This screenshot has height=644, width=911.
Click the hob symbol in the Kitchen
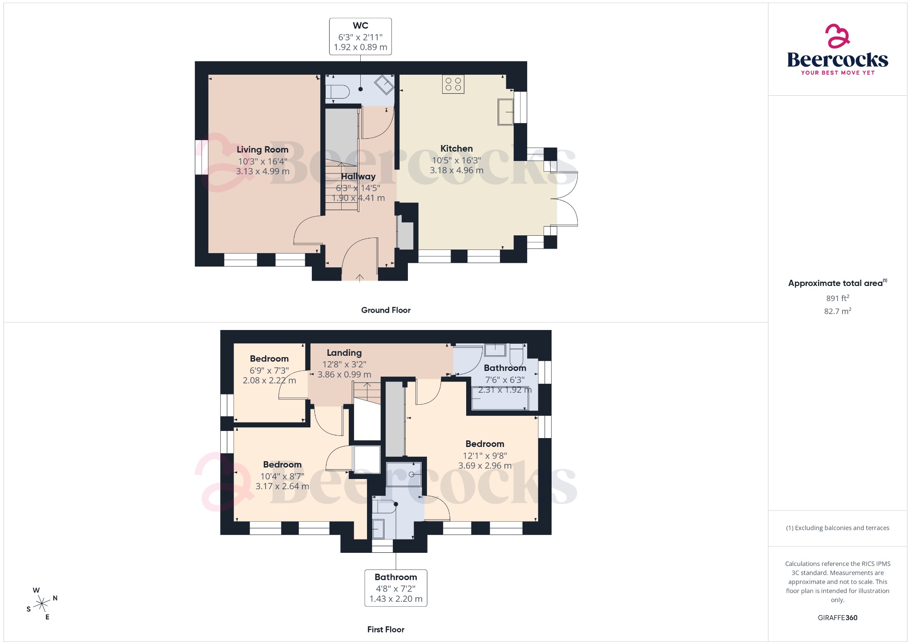tap(453, 84)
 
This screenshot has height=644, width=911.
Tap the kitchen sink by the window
tap(505, 112)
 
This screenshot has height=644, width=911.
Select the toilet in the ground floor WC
tap(337, 92)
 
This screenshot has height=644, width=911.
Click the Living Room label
tap(262, 149)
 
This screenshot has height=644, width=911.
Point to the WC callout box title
tap(360, 26)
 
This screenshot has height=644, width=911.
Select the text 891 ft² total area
tap(837, 298)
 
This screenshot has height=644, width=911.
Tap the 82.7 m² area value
tap(837, 311)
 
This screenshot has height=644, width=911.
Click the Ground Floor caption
tap(386, 310)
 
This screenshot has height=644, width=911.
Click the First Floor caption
tap(386, 629)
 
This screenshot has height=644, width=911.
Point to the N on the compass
tap(55, 598)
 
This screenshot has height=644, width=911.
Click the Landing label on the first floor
tap(344, 353)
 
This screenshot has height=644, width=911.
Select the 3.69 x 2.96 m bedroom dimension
tap(485, 466)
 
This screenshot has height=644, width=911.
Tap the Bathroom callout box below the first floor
tap(395, 588)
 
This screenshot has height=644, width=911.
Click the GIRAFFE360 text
tap(837, 618)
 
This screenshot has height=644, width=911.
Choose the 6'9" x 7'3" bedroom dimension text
tap(269, 370)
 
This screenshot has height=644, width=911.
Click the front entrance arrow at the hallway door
tap(360, 278)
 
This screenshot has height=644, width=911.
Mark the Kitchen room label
tap(456, 149)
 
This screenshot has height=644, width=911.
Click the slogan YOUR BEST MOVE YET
tap(838, 72)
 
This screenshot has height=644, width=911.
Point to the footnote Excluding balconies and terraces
tap(838, 528)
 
